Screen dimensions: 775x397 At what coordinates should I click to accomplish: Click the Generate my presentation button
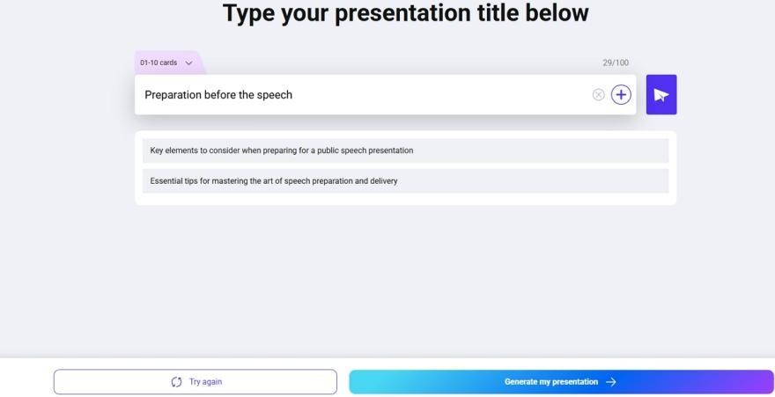562,382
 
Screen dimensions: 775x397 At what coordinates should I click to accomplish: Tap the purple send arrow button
661,95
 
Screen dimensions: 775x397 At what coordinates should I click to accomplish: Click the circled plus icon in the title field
621,94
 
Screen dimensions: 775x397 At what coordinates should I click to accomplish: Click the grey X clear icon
598,95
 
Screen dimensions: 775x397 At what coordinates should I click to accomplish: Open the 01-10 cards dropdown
166,62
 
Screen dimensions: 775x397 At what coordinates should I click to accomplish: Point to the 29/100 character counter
616,62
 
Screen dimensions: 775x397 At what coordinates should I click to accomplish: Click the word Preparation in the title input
173,95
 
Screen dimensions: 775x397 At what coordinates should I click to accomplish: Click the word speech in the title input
274,95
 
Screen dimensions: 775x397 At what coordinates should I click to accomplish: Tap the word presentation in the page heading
403,13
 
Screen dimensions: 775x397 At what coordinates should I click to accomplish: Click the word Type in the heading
247,13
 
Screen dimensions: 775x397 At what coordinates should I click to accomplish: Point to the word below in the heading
557,13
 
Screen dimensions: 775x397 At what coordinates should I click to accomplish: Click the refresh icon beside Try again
176,382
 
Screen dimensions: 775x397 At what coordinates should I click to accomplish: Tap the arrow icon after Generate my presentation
611,382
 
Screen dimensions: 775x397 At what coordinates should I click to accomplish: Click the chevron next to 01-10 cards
188,63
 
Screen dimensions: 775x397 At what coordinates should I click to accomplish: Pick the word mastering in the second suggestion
230,181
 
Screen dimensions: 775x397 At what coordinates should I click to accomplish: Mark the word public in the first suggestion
328,151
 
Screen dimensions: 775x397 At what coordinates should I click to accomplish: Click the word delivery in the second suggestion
384,181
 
